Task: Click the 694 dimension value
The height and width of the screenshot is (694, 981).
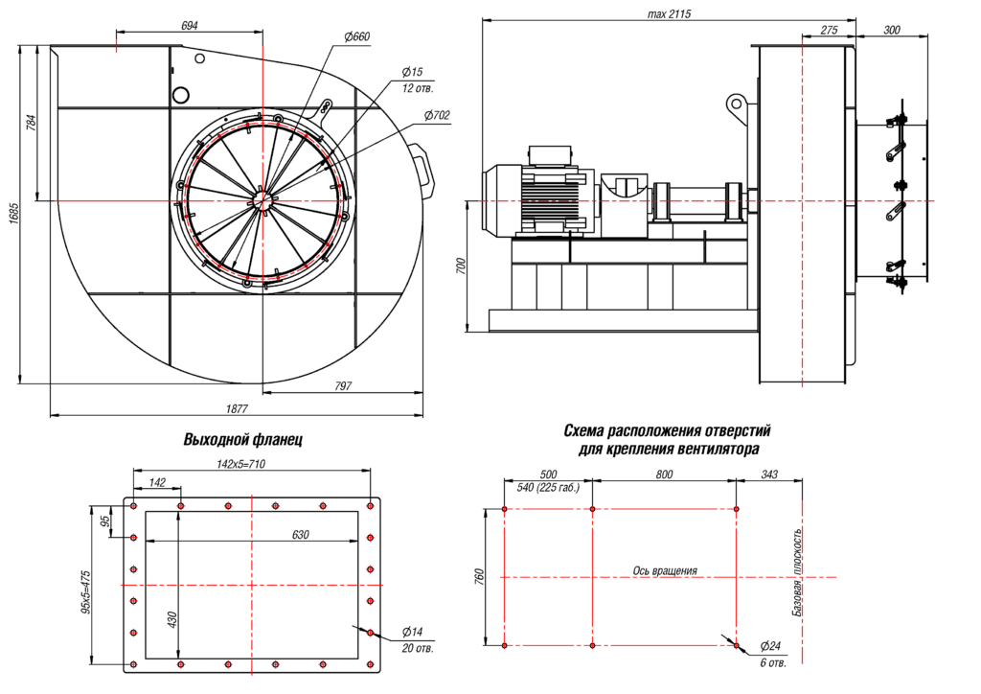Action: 190,26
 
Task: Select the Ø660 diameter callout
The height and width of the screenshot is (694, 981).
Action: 355,37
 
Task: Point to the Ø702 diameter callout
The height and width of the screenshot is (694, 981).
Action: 436,115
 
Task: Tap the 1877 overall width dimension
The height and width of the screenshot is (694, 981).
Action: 237,408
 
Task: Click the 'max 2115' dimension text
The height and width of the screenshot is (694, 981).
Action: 669,14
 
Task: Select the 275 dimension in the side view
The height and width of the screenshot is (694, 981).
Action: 829,31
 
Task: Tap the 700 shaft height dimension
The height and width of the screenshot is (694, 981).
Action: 461,266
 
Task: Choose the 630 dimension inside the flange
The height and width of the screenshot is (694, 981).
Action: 301,535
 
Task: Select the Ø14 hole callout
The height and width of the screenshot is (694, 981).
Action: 413,633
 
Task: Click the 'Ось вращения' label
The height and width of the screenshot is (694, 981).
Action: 665,570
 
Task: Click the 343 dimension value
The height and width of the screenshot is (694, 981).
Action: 768,474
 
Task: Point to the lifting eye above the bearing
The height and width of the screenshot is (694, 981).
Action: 736,102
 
